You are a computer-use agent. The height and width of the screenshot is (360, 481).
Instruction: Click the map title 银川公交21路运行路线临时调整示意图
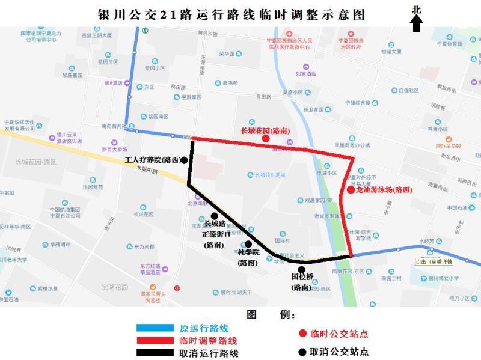pyautogui.click(x=231, y=14)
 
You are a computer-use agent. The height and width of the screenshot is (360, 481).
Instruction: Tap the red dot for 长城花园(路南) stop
pyautogui.click(x=265, y=139)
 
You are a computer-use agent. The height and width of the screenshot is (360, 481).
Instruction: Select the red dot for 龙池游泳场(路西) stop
pyautogui.click(x=351, y=190)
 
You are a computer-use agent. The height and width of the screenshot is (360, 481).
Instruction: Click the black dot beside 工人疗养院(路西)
pyautogui.click(x=184, y=160)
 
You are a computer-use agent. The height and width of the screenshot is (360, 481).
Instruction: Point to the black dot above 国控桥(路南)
pyautogui.click(x=301, y=269)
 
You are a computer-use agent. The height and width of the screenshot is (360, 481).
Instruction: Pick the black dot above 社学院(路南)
pyautogui.click(x=248, y=244)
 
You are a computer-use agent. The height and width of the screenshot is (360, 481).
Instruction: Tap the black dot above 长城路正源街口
pyautogui.click(x=214, y=216)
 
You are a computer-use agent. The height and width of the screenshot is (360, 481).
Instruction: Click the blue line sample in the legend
pyautogui.click(x=156, y=328)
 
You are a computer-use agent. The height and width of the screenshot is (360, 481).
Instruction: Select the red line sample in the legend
pyautogui.click(x=156, y=341)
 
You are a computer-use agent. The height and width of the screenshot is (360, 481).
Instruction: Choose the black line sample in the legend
pyautogui.click(x=156, y=353)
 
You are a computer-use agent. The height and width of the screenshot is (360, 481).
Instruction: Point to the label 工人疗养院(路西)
pyautogui.click(x=152, y=160)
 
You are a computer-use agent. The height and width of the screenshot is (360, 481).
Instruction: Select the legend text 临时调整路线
pyautogui.click(x=208, y=341)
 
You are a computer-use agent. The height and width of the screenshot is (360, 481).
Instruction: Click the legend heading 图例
pyautogui.click(x=271, y=314)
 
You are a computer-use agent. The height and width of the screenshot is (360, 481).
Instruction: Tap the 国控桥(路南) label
pyautogui.click(x=302, y=282)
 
